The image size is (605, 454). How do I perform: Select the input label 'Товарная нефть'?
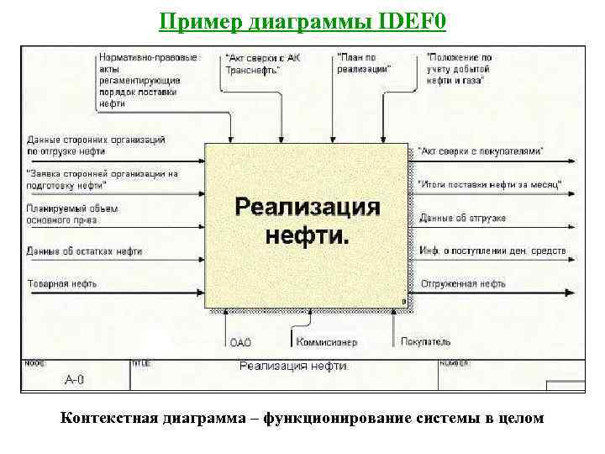pyautogui.click(x=60, y=284)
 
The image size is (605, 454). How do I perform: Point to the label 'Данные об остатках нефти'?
pyautogui.click(x=84, y=251)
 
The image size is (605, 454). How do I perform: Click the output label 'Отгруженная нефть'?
pyautogui.click(x=463, y=284)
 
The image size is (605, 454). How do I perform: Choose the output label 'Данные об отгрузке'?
pyautogui.click(x=463, y=218)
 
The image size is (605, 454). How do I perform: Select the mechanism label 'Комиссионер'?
pyautogui.click(x=326, y=342)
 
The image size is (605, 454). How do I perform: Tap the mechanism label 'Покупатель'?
pyautogui.click(x=425, y=342)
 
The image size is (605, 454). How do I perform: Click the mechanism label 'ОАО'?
pyautogui.click(x=240, y=342)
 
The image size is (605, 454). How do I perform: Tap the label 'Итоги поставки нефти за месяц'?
pyautogui.click(x=490, y=183)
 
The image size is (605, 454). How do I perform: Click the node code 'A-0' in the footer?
pyautogui.click(x=75, y=380)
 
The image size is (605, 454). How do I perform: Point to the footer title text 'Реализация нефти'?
pyautogui.click(x=294, y=366)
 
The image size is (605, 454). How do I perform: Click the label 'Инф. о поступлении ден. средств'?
pyautogui.click(x=493, y=251)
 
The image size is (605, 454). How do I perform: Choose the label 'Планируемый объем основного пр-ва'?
pyautogui.click(x=72, y=214)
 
